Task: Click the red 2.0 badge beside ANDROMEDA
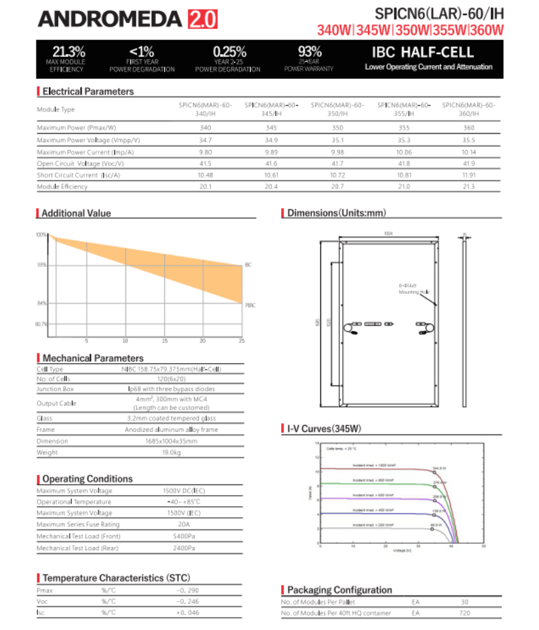click(x=202, y=19)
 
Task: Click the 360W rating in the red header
click(x=487, y=30)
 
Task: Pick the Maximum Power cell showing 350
click(x=337, y=128)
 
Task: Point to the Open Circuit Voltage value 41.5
click(x=205, y=163)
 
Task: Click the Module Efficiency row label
click(x=62, y=187)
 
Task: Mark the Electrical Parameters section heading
click(x=87, y=91)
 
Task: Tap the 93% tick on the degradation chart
click(x=42, y=265)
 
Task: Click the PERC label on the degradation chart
click(x=250, y=305)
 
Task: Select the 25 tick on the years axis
click(x=241, y=341)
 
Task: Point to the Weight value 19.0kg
click(x=172, y=453)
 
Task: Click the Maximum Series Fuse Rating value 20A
click(x=172, y=524)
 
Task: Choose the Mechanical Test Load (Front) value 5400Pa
click(x=172, y=536)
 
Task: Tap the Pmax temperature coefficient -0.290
click(x=188, y=590)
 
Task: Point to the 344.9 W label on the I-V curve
click(x=439, y=468)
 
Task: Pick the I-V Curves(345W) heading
click(x=324, y=429)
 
